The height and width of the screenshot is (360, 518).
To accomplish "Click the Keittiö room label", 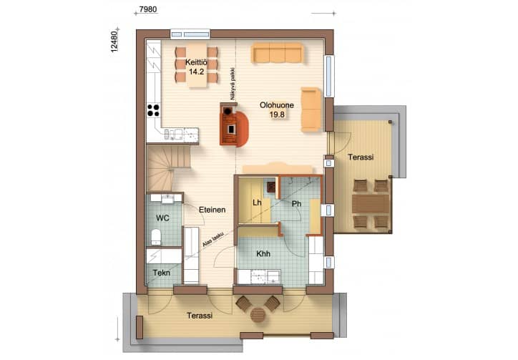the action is pyautogui.click(x=196, y=62).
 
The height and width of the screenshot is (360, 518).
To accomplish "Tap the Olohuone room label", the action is pyautogui.click(x=277, y=105).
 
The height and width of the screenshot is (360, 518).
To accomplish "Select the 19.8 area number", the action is pyautogui.click(x=277, y=115).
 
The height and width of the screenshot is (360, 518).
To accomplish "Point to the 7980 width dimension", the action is pyautogui.click(x=147, y=9).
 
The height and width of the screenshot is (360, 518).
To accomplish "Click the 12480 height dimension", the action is pyautogui.click(x=114, y=42).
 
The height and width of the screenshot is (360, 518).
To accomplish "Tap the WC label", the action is pyautogui.click(x=162, y=218).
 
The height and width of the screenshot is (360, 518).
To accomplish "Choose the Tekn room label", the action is pyautogui.click(x=162, y=273).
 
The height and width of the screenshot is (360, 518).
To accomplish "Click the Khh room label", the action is pyautogui.click(x=263, y=254).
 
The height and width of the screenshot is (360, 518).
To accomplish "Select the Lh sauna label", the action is pyautogui.click(x=257, y=203).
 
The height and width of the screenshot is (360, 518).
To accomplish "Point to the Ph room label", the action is pyautogui.click(x=297, y=204).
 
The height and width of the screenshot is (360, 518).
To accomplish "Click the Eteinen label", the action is pyautogui.click(x=212, y=210).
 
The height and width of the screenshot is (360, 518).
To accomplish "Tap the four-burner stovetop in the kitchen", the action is pyautogui.click(x=153, y=110).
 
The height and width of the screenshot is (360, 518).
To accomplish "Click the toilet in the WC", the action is pyautogui.click(x=156, y=237).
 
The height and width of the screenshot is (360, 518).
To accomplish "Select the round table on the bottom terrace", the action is pyautogui.click(x=258, y=315).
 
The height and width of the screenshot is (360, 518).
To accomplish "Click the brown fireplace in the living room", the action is pyautogui.click(x=233, y=125).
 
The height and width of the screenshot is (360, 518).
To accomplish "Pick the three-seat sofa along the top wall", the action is pyautogui.click(x=278, y=53).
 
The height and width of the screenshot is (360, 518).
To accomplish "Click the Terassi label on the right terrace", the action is pyautogui.click(x=361, y=157).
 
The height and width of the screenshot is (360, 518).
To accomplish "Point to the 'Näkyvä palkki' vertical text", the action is pyautogui.click(x=233, y=84).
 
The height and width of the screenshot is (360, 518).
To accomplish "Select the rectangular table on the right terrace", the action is pyautogui.click(x=371, y=204).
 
